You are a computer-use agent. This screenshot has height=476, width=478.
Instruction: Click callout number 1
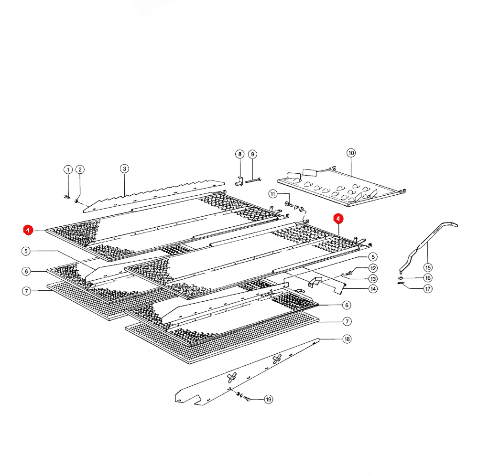68,169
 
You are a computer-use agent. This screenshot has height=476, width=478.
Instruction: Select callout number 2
80,169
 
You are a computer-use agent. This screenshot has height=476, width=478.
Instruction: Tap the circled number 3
124,169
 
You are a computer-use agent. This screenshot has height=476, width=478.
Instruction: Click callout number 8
240,154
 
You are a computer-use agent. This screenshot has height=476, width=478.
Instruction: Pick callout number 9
252,154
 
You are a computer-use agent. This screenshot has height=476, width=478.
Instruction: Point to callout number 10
351,153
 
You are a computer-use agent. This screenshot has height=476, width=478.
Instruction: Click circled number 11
273,194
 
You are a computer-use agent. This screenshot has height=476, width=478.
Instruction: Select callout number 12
373,268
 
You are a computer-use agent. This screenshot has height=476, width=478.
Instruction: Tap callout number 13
373,279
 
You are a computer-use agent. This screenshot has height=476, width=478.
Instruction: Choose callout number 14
373,289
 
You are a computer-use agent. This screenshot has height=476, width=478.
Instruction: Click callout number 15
428,268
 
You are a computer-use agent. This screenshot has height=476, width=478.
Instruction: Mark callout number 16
428,278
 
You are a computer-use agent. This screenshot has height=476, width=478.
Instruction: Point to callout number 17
428,289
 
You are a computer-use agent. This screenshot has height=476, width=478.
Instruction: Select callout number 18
347,339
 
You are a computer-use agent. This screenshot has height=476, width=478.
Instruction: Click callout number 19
269,399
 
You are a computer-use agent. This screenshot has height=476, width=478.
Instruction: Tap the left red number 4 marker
28,230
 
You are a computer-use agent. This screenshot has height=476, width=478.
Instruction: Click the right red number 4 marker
338,219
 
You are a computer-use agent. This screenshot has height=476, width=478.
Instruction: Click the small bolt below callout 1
67,197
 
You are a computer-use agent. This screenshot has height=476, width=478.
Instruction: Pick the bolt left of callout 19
247,398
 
